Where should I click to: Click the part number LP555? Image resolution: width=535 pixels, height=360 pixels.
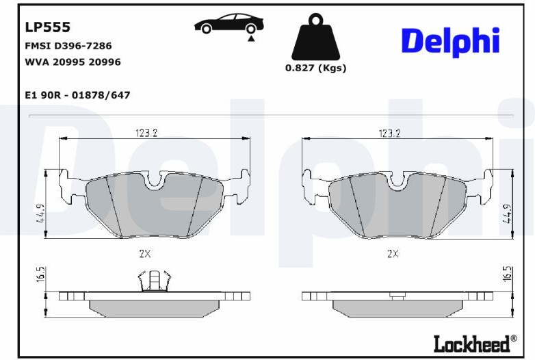tap(48, 27)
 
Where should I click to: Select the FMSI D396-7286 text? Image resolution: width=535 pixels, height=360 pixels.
tap(68, 46)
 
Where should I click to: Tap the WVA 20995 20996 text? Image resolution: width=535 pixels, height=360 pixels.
tap(73, 62)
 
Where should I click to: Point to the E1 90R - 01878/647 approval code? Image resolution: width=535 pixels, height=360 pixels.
tap(78, 95)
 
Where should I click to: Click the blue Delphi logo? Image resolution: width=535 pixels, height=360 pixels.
tap(450, 42)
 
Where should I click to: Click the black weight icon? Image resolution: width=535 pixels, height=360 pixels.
tap(315, 37)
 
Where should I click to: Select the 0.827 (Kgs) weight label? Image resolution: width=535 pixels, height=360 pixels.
tap(315, 68)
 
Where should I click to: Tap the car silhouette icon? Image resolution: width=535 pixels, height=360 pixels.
tap(229, 23)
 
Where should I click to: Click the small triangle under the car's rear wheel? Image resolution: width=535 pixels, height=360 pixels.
tap(251, 38)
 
